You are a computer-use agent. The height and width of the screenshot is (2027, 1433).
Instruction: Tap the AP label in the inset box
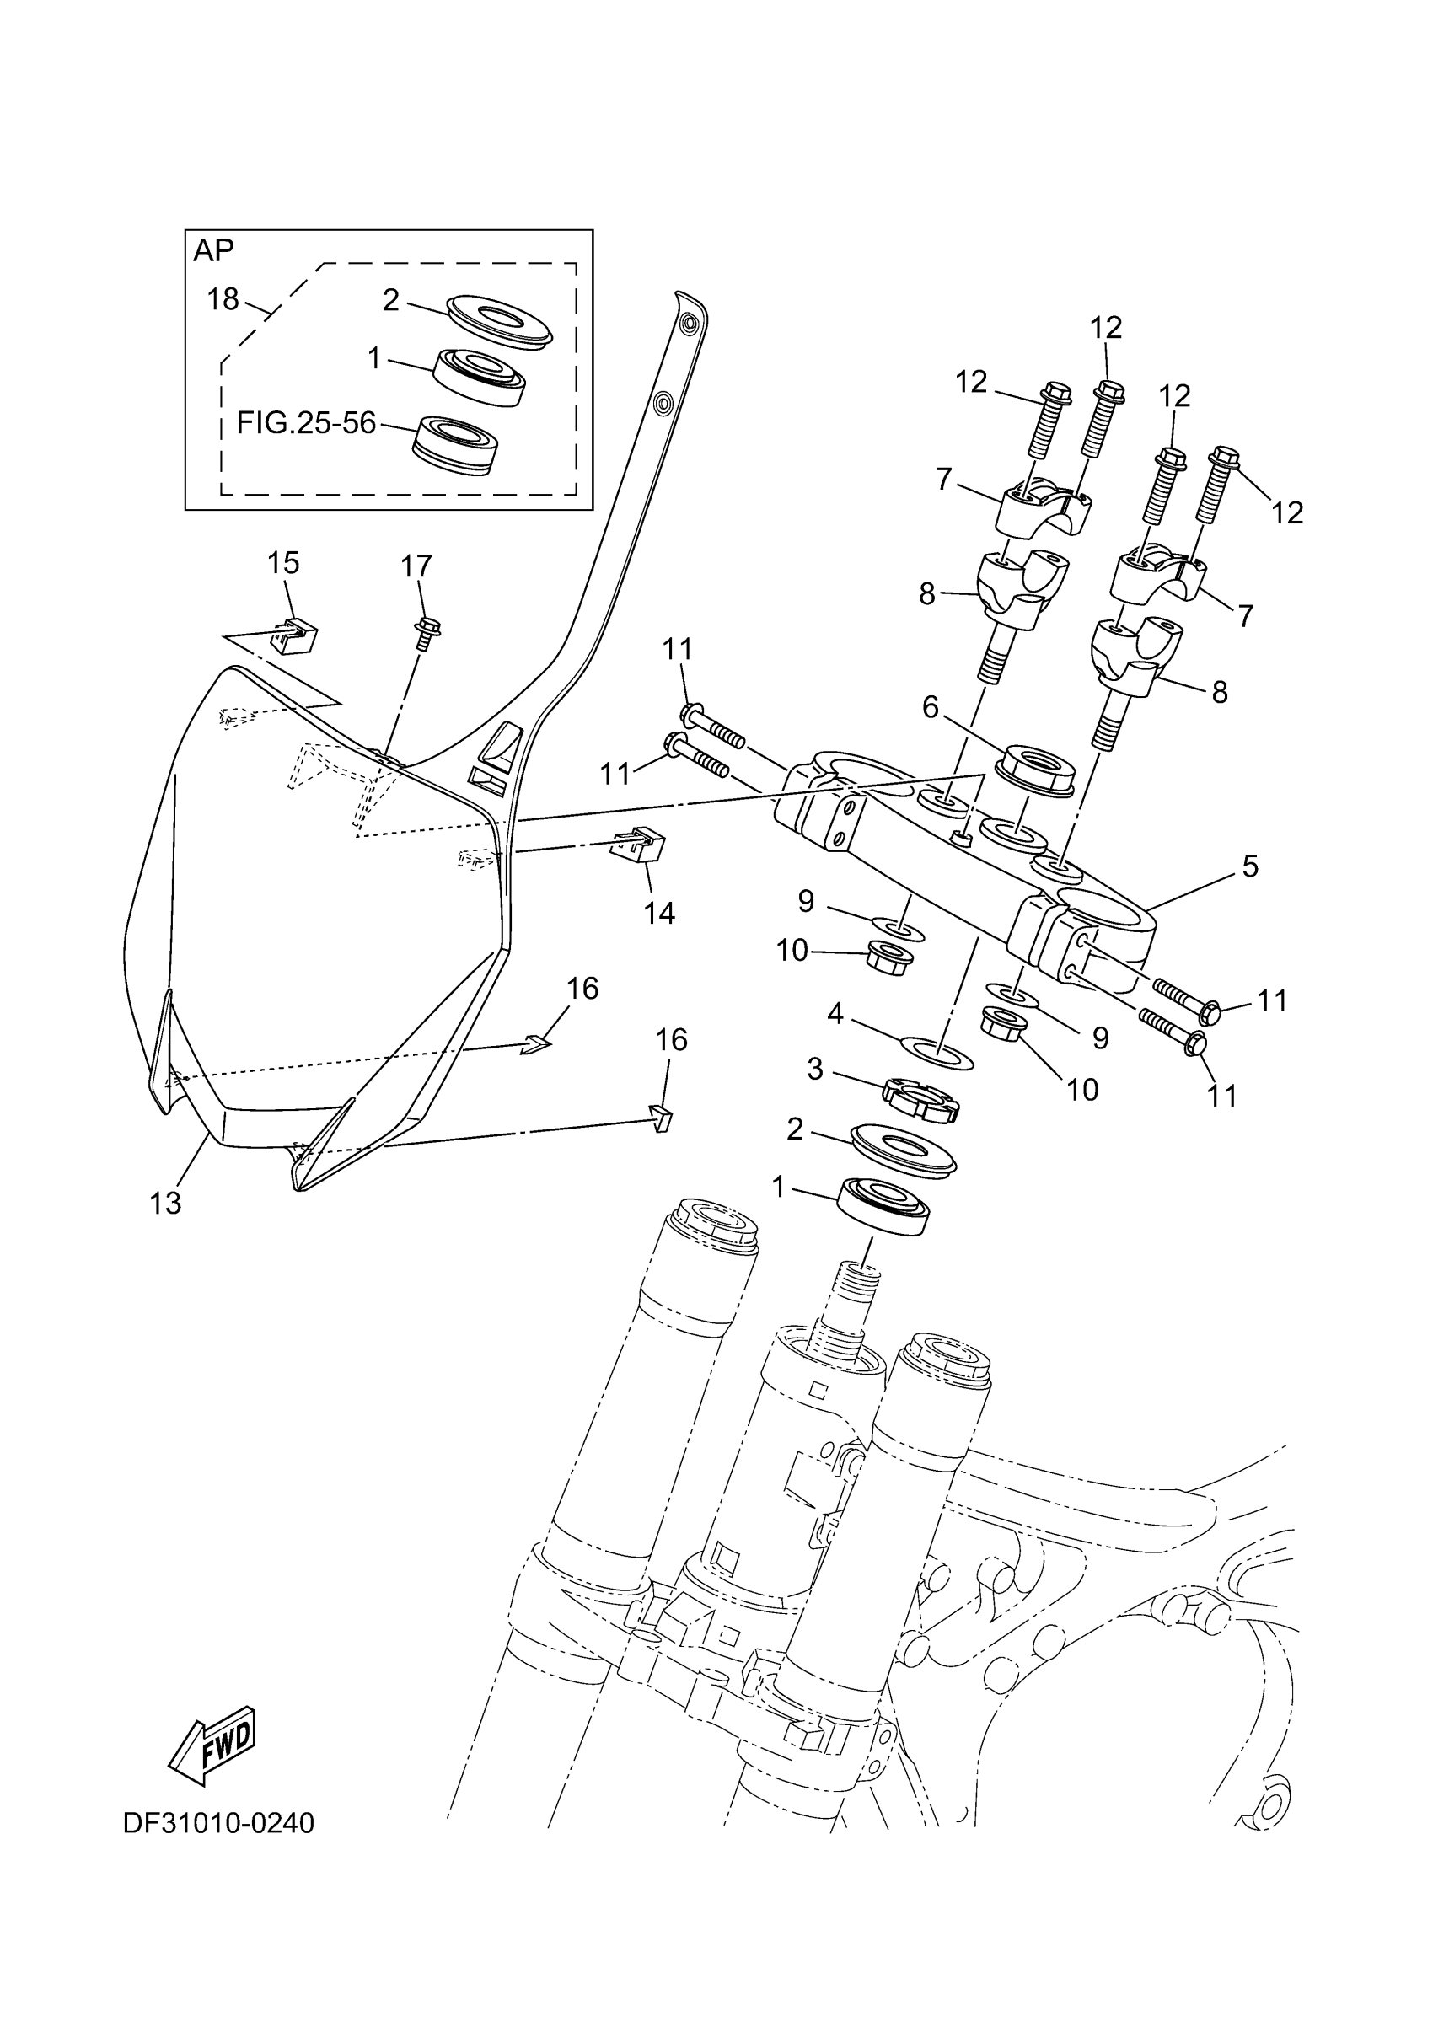[213, 250]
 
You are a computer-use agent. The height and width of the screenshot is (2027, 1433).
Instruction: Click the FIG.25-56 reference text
[306, 424]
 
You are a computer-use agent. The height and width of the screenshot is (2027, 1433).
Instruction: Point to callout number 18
[223, 299]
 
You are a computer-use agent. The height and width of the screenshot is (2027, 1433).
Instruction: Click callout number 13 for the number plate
[165, 1203]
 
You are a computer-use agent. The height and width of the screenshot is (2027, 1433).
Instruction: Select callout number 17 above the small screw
[416, 565]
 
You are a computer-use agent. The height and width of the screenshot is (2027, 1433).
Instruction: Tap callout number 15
[283, 562]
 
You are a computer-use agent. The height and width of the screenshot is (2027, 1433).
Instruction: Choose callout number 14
[658, 913]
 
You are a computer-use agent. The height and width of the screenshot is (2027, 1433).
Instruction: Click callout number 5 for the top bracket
[1249, 866]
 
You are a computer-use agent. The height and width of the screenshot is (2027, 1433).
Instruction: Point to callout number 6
[930, 706]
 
